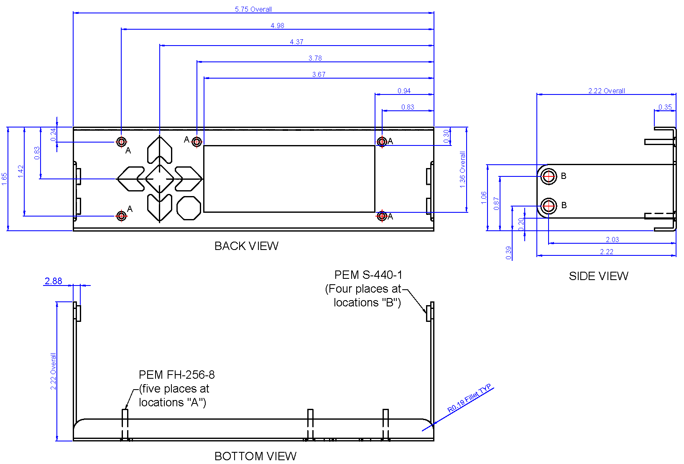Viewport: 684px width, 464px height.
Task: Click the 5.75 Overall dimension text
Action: click(x=253, y=9)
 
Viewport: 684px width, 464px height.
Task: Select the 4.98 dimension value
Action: click(x=277, y=25)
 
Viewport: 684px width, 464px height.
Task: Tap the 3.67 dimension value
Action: click(x=319, y=74)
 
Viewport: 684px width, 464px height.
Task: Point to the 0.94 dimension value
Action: click(x=404, y=91)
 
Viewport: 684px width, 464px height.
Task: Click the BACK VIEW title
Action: click(x=246, y=246)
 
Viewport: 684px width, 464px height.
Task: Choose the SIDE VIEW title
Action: click(x=599, y=276)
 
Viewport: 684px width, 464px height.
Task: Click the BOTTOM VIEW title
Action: click(x=255, y=456)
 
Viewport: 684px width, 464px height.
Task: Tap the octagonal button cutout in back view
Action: click(x=189, y=208)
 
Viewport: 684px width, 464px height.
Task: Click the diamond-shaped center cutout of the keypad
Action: click(x=160, y=179)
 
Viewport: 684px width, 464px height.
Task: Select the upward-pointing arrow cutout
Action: click(x=160, y=150)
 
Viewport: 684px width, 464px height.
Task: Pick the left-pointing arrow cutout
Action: click(x=131, y=179)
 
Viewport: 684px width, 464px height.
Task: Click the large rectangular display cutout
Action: click(x=289, y=179)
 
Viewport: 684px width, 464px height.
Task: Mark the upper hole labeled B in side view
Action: click(x=549, y=176)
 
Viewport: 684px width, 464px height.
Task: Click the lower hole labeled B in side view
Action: click(x=549, y=206)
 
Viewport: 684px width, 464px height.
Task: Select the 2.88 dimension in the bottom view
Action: click(x=54, y=281)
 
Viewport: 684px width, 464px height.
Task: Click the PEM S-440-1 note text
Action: click(x=368, y=275)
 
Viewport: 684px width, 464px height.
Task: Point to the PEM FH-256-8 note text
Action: click(x=177, y=375)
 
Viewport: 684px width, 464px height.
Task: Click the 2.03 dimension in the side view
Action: click(x=613, y=240)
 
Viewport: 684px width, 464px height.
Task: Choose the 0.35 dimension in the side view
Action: click(x=665, y=107)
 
